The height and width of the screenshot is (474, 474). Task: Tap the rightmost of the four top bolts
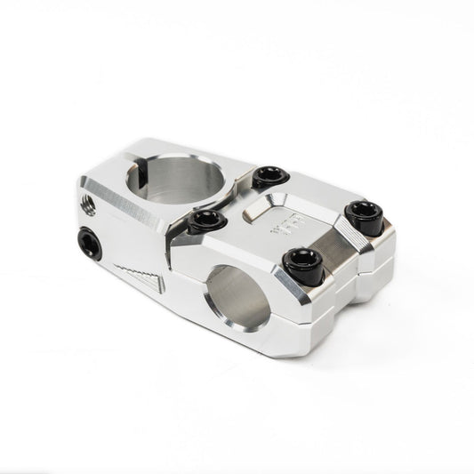click(x=362, y=213)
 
